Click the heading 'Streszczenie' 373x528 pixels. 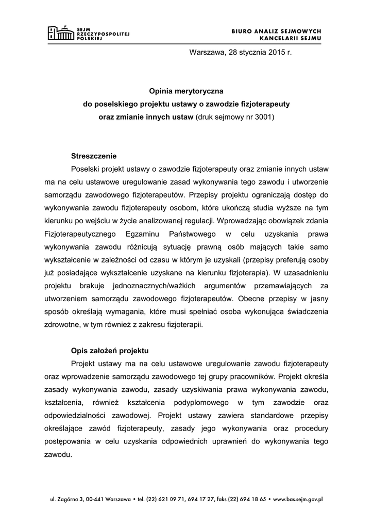click(94, 155)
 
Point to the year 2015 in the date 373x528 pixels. click(276, 52)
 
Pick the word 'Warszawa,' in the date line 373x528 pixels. click(207, 52)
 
